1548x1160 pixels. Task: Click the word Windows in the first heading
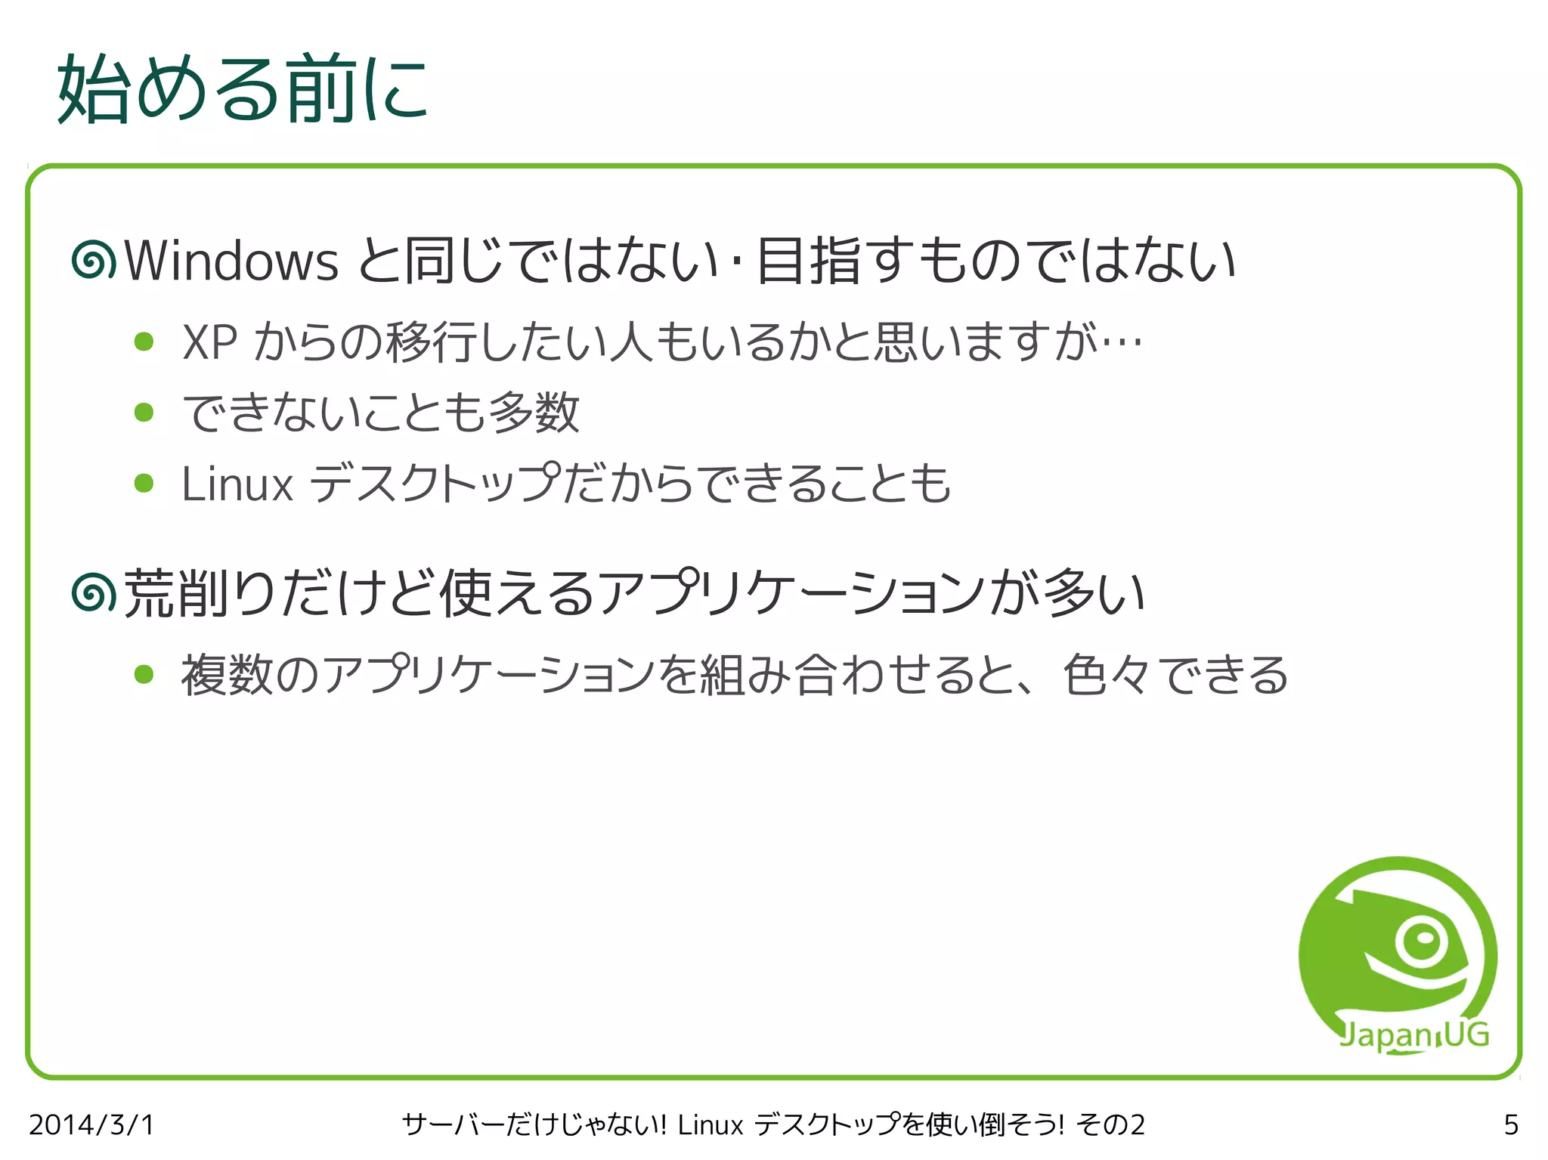pyautogui.click(x=231, y=261)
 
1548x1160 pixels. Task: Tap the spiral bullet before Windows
pyautogui.click(x=94, y=261)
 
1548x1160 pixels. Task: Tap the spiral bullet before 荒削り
pyautogui.click(x=94, y=592)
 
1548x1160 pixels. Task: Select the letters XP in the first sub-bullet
pyautogui.click(x=210, y=343)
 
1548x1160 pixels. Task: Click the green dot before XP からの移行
pyautogui.click(x=144, y=342)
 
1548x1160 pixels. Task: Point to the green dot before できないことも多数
pyautogui.click(x=144, y=413)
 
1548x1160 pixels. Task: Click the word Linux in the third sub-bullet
pyautogui.click(x=237, y=484)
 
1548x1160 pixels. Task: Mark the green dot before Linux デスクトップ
pyautogui.click(x=144, y=483)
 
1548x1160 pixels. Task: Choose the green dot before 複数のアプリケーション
pyautogui.click(x=144, y=674)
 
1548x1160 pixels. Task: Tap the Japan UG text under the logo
pyautogui.click(x=1413, y=1035)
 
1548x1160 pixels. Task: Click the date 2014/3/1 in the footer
pyautogui.click(x=91, y=1125)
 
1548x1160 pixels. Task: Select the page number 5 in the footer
pyautogui.click(x=1511, y=1125)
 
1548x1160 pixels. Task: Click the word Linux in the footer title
pyautogui.click(x=711, y=1125)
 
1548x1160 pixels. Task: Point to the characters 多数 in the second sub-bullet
pyautogui.click(x=534, y=413)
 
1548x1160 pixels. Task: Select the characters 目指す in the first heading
pyautogui.click(x=836, y=261)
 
